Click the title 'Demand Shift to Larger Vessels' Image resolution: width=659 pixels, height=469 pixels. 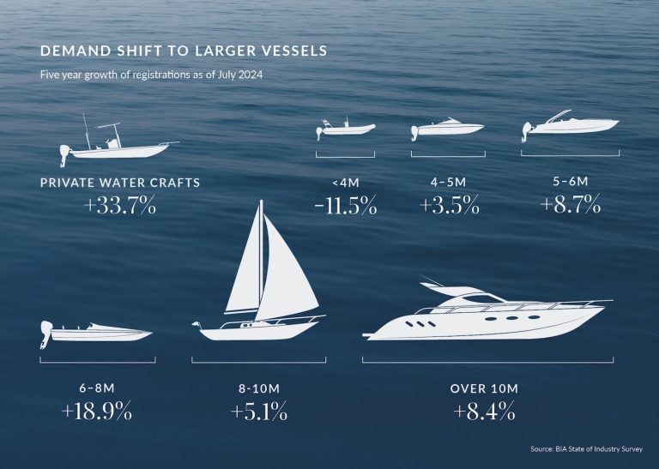point(183,51)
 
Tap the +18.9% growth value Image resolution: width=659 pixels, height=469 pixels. point(97,412)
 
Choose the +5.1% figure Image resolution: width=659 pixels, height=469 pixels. point(258,412)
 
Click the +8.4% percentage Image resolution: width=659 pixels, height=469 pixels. point(484,412)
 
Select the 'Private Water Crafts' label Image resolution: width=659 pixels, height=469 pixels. point(120,183)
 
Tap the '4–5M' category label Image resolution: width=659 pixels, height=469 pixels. point(448,183)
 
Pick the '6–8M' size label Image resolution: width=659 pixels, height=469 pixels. point(97,388)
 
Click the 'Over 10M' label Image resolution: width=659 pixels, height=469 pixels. point(484,388)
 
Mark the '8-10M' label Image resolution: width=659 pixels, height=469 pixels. point(258,388)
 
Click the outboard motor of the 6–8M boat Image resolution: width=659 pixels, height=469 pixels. point(45,334)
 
